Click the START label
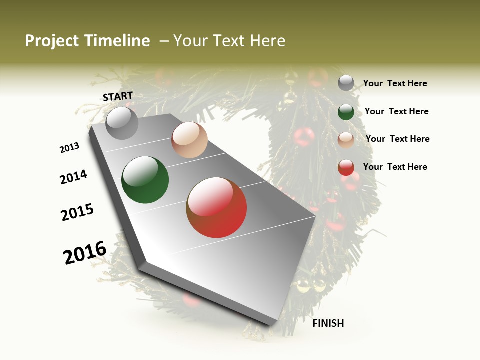(x=118, y=96)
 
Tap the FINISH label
(x=328, y=323)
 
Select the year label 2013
(x=70, y=148)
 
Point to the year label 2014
(x=74, y=177)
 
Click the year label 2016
(x=85, y=252)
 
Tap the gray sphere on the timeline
(x=122, y=123)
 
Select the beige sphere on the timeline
(x=189, y=140)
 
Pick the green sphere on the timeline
(x=145, y=180)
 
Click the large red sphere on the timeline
(x=216, y=207)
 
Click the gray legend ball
(x=346, y=83)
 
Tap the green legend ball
(x=346, y=111)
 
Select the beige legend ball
(x=346, y=139)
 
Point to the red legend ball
(x=346, y=167)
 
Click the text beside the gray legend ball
(x=395, y=83)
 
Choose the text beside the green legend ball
(x=397, y=111)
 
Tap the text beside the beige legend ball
(x=398, y=139)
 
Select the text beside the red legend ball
(x=395, y=167)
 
